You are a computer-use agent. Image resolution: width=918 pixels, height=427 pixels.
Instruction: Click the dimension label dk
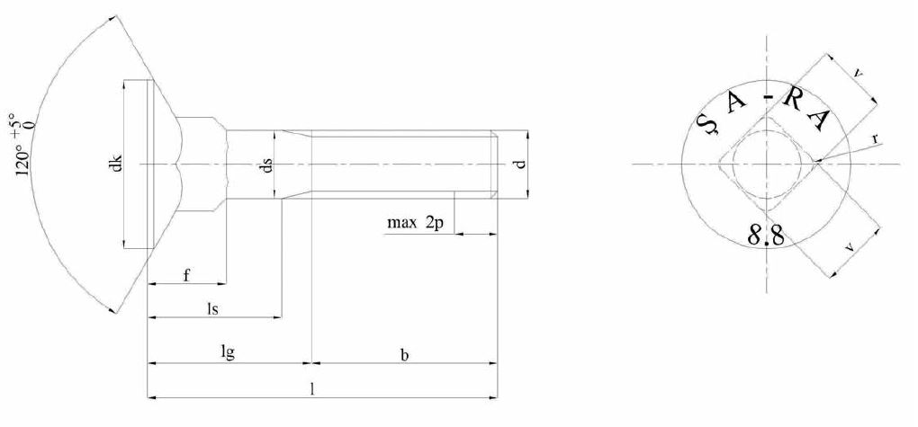click(114, 165)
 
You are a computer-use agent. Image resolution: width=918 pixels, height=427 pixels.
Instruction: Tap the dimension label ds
click(266, 165)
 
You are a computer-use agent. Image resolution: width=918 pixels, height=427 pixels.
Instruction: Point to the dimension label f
click(185, 275)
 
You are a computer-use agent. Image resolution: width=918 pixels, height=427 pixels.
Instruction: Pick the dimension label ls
click(213, 308)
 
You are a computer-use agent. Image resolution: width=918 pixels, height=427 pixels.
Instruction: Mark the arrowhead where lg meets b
click(310, 364)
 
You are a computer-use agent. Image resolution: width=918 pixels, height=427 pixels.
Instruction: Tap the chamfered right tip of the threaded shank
click(494, 164)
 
